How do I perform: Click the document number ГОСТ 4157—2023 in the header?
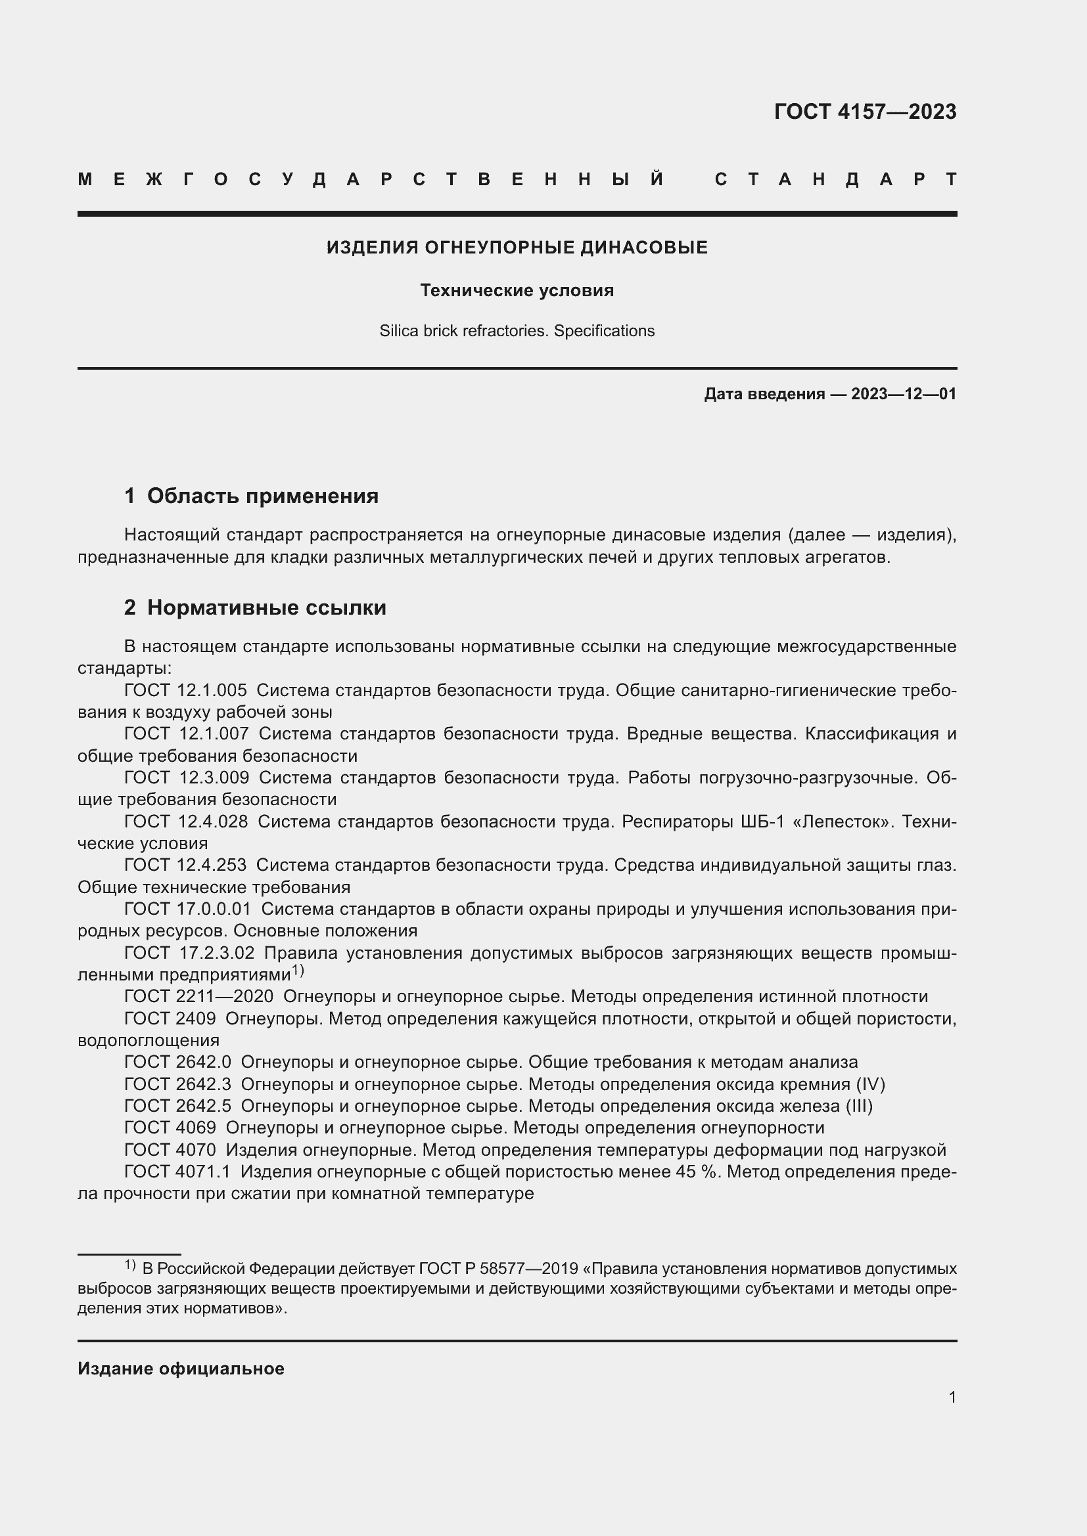pos(865,111)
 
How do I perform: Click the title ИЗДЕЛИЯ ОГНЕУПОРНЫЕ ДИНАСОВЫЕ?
pos(517,248)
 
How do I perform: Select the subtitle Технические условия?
pos(517,290)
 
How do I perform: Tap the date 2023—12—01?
pos(904,394)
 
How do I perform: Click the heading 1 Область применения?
pos(251,496)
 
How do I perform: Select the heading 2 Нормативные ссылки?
pos(255,607)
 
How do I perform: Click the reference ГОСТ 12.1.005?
pos(185,690)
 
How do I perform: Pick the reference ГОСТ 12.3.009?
pos(187,778)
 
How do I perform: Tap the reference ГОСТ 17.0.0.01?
pos(187,908)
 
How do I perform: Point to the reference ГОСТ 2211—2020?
pos(198,996)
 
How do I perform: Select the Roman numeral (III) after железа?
pos(860,1106)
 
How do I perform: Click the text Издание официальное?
pos(181,1369)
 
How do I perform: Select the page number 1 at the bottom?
pos(952,1397)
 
